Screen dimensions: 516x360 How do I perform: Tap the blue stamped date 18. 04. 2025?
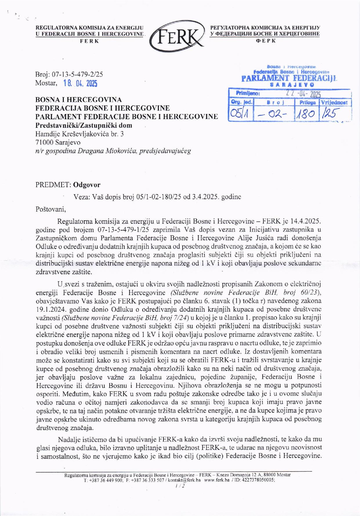[x=80, y=84]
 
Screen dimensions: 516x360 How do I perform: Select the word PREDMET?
[x=53, y=185]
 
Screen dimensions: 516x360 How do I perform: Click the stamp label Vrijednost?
[x=335, y=102]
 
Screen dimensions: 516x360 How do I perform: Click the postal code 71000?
[x=44, y=142]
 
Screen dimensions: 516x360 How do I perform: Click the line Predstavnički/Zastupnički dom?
[x=84, y=125]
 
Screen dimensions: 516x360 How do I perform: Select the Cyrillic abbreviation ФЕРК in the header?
[x=265, y=41]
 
